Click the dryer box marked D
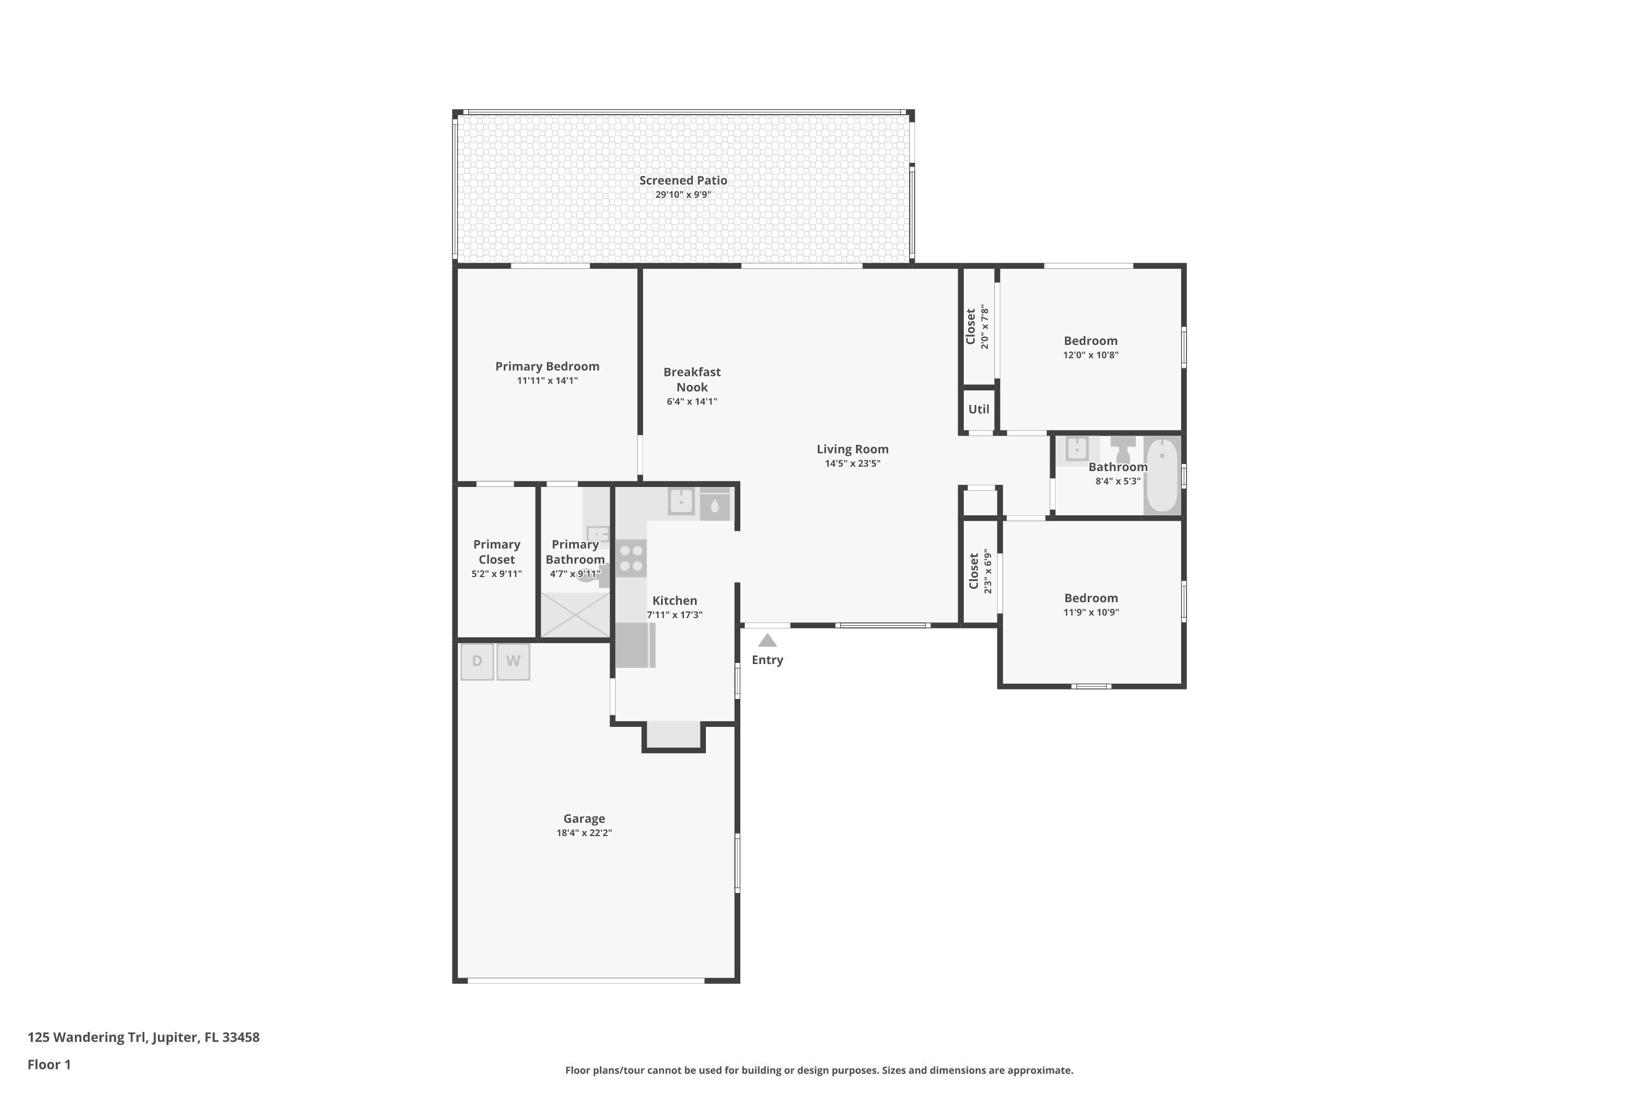point(476,661)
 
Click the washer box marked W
point(513,661)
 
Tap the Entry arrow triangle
point(767,640)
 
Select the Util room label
point(978,409)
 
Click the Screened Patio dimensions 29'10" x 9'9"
point(683,195)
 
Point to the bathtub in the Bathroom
point(1162,475)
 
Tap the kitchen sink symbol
point(681,501)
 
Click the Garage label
point(584,818)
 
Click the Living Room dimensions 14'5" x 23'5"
point(852,463)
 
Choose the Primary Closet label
point(496,551)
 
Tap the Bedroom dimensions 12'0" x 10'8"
point(1090,355)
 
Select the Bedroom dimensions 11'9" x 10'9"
point(1090,613)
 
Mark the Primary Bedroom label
point(547,366)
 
